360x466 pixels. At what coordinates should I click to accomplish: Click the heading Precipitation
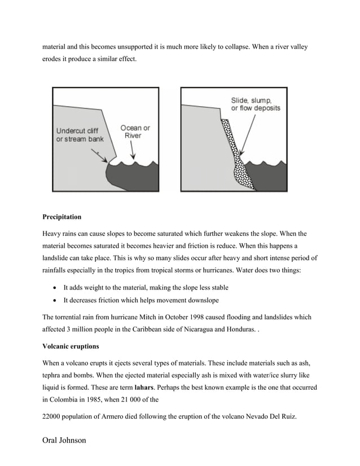(62, 217)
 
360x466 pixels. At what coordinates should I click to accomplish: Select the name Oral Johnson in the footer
(64, 439)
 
